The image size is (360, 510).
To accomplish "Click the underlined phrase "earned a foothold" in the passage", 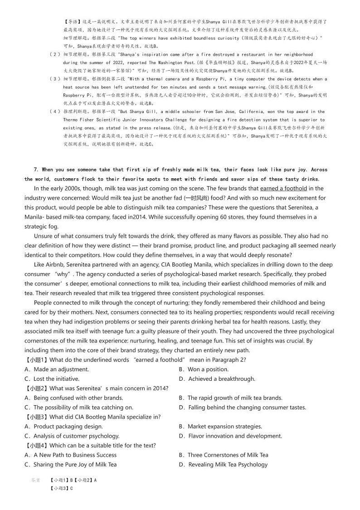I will click(283, 188).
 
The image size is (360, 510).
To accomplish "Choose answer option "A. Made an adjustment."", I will click(57, 369).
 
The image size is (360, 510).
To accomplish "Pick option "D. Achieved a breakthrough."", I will click(217, 379).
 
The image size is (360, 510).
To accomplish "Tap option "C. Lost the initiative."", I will click(52, 379).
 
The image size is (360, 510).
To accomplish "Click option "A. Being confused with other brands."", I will click(73, 398).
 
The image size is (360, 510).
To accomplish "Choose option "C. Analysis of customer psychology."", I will click(72, 436).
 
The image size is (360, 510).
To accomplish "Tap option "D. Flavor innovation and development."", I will click(230, 436).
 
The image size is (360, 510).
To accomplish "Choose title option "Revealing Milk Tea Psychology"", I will click(228, 465).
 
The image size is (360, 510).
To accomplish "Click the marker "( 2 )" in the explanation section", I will click(54, 54).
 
